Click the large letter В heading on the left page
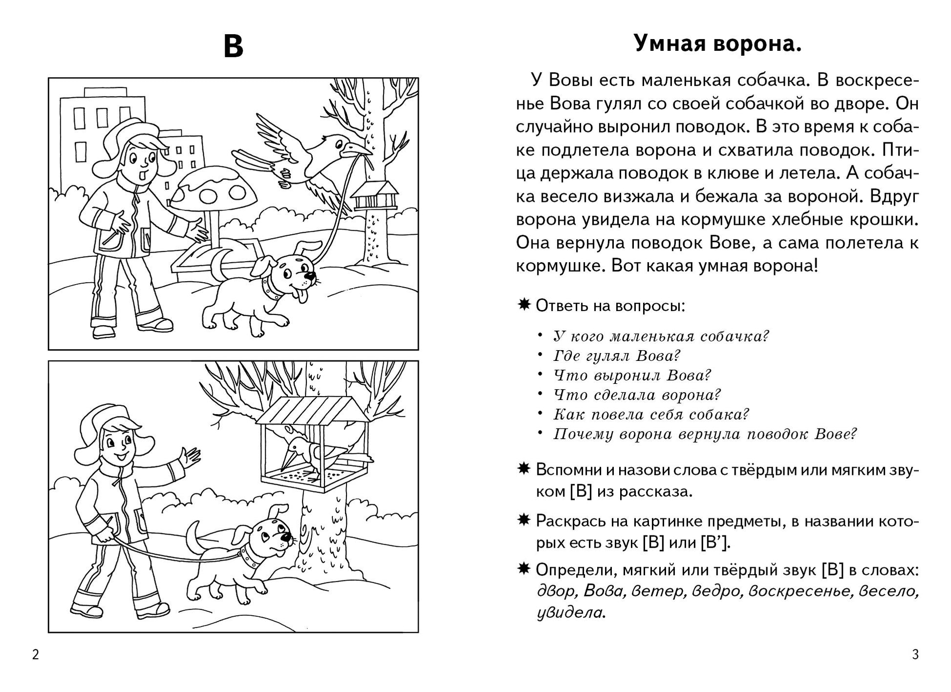pyautogui.click(x=233, y=46)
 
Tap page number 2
pyautogui.click(x=35, y=654)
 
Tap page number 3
pyautogui.click(x=915, y=654)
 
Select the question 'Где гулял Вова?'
pyautogui.click(x=617, y=356)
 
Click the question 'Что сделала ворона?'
pyautogui.click(x=637, y=395)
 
